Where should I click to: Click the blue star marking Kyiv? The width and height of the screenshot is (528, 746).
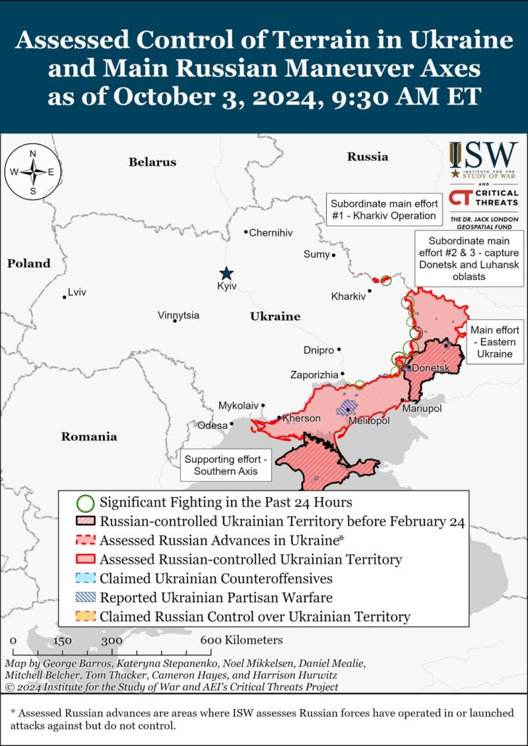click(226, 273)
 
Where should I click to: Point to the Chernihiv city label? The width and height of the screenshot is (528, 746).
click(271, 233)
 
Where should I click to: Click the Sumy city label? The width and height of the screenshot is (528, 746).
click(316, 254)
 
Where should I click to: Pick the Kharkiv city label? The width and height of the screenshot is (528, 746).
click(348, 296)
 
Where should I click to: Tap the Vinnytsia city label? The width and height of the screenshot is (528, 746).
click(178, 316)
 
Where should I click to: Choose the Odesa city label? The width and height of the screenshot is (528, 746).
click(213, 425)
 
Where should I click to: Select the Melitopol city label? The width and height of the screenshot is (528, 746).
click(368, 421)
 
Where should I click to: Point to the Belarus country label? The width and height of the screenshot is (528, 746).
click(152, 162)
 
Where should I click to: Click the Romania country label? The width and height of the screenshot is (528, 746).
click(89, 436)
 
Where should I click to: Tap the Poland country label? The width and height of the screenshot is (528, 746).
click(29, 263)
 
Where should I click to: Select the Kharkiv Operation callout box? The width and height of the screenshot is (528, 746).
click(383, 210)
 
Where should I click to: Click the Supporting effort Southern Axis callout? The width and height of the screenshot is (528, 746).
click(226, 465)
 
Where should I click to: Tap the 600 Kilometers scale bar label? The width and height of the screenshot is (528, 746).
click(242, 640)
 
